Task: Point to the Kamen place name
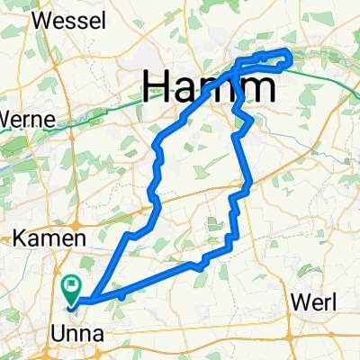49,239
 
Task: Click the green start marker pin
72,287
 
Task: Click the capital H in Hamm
157,87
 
